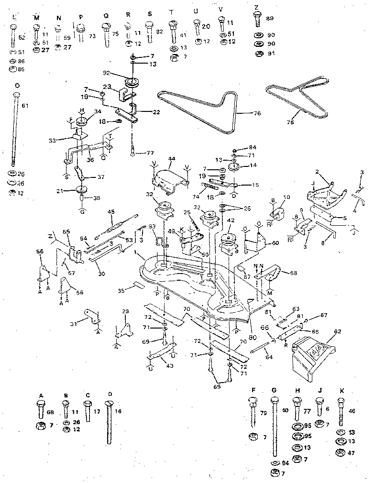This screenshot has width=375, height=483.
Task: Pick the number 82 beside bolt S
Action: [159, 31]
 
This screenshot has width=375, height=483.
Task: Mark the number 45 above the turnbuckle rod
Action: [111, 212]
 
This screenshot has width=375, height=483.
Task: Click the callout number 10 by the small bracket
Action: [287, 198]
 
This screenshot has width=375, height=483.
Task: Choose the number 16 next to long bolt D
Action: [119, 410]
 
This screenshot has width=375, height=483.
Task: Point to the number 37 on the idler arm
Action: [100, 177]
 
